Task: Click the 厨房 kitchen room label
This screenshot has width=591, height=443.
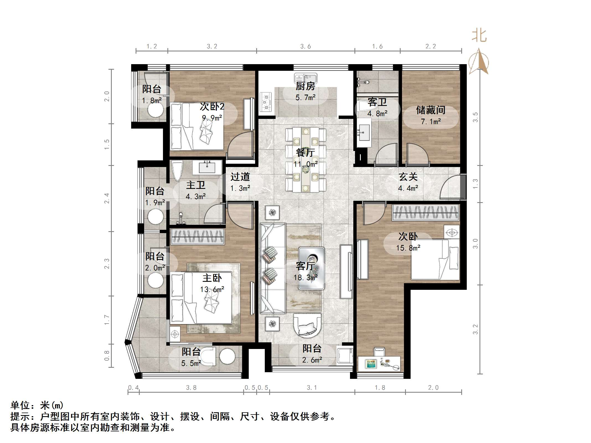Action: pos(305,86)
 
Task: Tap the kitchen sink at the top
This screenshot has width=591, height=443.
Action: pos(305,78)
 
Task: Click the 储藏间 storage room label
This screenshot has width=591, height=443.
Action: pos(431,110)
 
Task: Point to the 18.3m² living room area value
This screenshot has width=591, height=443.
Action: pos(305,277)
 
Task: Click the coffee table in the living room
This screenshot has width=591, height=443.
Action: pos(311,268)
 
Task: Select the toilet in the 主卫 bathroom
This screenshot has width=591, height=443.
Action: pos(177,170)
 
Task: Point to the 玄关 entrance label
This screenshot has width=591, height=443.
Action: pos(408,177)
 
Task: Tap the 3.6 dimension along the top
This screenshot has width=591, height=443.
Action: pos(305,46)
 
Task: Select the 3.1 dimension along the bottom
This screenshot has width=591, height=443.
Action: pos(312,388)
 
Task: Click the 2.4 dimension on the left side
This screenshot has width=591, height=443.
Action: pos(107,198)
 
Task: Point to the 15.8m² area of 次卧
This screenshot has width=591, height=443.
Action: pos(408,248)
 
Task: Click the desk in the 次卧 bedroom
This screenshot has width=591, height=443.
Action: pos(379,364)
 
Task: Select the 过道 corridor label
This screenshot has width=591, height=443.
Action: pos(240,177)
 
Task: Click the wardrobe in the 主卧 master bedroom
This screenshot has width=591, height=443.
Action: pos(197,236)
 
